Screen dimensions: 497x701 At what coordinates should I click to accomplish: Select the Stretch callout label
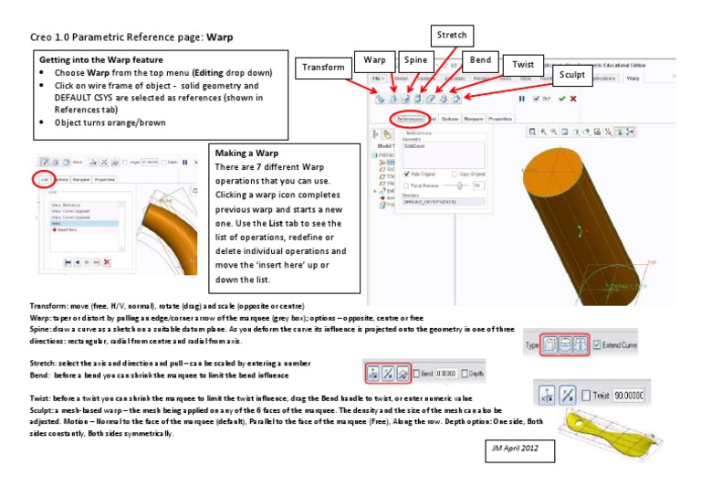click(451, 36)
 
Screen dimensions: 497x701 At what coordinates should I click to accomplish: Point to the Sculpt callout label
click(570, 75)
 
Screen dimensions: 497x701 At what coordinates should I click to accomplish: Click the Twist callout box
click(523, 65)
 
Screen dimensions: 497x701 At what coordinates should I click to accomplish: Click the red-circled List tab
click(45, 180)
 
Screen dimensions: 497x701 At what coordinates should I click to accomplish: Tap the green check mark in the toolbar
click(561, 98)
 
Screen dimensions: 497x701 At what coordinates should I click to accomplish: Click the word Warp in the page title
click(220, 39)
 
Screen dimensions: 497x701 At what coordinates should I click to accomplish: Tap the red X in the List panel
click(107, 262)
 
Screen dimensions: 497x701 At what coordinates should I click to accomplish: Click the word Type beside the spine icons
click(532, 346)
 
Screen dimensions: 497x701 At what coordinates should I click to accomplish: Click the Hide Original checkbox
click(406, 174)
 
